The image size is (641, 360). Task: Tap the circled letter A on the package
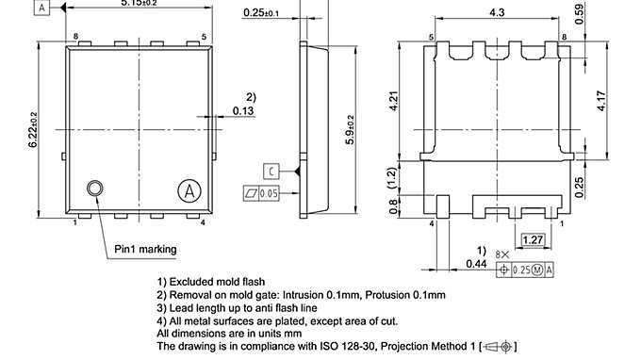click(x=189, y=190)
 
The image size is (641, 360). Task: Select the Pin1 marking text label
click(x=145, y=249)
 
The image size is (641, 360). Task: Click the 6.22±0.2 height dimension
click(x=34, y=129)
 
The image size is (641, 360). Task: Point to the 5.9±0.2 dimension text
click(x=350, y=129)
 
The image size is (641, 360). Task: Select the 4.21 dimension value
click(x=395, y=99)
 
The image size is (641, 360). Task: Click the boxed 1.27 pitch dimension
click(x=533, y=240)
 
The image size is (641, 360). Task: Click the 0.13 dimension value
click(x=243, y=111)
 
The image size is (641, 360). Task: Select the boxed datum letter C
click(x=271, y=171)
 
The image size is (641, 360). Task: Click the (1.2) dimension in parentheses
click(x=395, y=176)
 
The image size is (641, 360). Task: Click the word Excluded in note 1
click(x=194, y=282)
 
